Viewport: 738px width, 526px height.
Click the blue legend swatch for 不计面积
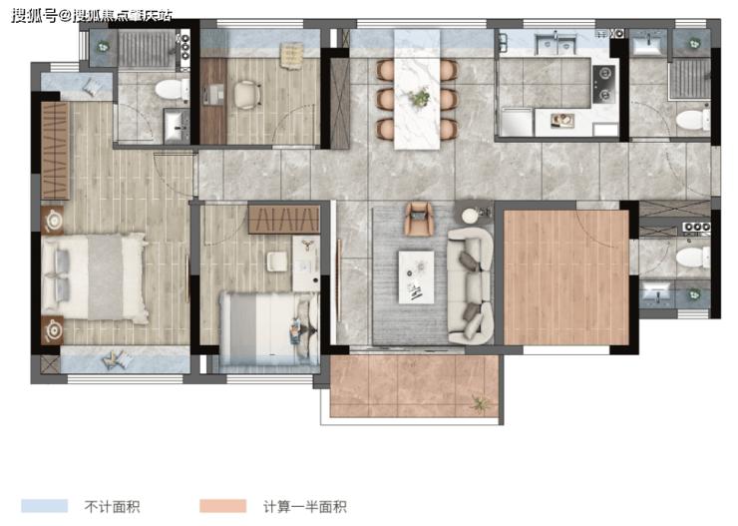[44, 506]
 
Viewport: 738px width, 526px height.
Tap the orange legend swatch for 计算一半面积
[222, 506]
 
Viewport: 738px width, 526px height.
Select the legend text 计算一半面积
[305, 507]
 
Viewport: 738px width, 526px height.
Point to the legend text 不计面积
[112, 507]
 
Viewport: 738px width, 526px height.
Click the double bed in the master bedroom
[94, 277]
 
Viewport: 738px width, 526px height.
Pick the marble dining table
[417, 90]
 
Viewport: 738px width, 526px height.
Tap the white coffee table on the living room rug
[417, 276]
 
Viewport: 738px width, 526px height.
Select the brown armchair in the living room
[419, 219]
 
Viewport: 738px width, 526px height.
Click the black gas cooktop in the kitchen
[603, 84]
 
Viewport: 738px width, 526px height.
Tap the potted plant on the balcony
[480, 403]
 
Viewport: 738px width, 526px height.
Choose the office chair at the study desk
[247, 95]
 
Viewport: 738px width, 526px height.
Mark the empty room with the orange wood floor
[566, 277]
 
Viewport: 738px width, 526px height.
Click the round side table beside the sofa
[470, 216]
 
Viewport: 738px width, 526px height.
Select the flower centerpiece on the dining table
[419, 97]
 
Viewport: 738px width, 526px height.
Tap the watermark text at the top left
[92, 16]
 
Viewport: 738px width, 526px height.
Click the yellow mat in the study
[292, 56]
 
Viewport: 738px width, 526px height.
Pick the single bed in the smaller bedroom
[269, 328]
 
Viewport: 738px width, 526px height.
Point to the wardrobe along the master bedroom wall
[56, 151]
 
